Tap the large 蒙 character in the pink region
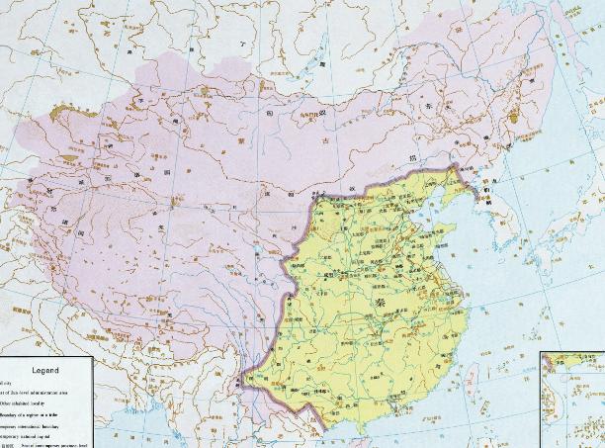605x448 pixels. point(267,138)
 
